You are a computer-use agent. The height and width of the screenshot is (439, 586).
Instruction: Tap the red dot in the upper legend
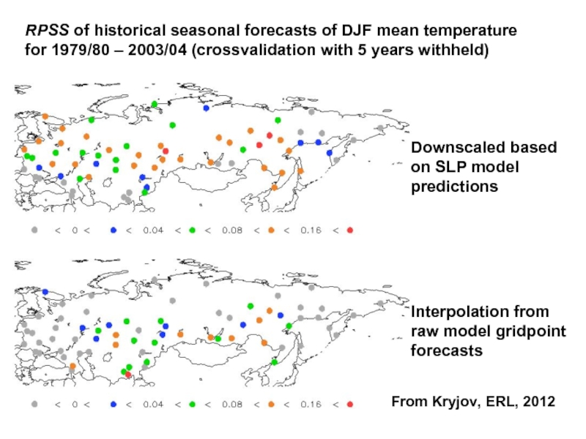tap(350, 230)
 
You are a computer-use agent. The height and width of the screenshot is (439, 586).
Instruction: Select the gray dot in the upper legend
tap(34, 230)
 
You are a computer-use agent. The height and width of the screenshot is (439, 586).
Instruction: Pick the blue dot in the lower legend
tap(114, 404)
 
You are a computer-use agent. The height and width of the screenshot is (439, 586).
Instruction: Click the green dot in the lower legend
tap(193, 404)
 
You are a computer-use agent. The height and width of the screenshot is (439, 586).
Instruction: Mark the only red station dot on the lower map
tap(128, 375)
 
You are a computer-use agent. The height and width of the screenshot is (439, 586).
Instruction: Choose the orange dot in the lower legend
tap(271, 404)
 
